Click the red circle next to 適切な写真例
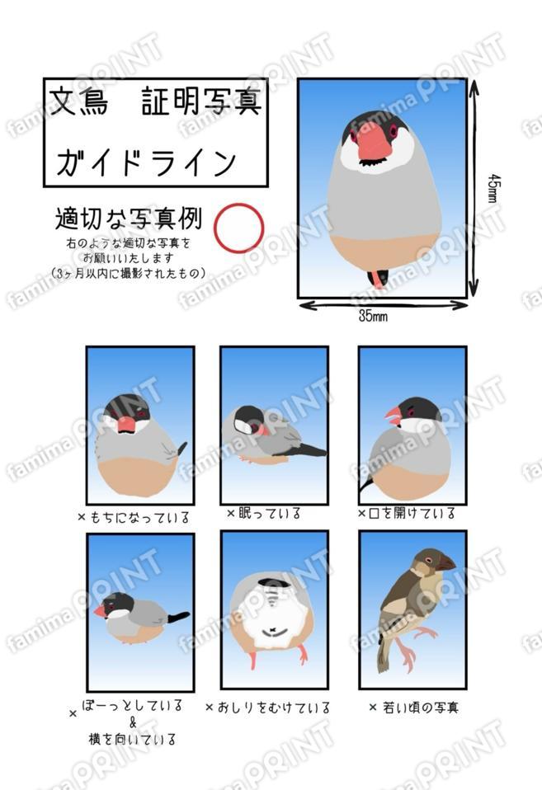(238, 228)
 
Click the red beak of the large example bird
(376, 141)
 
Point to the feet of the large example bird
(378, 277)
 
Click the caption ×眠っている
(263, 514)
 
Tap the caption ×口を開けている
(406, 514)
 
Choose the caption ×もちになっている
(134, 518)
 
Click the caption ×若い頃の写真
(413, 708)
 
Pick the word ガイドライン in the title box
(146, 162)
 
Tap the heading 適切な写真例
(128, 219)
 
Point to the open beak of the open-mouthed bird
(393, 416)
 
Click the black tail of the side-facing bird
(177, 616)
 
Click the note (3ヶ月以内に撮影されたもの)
(128, 273)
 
